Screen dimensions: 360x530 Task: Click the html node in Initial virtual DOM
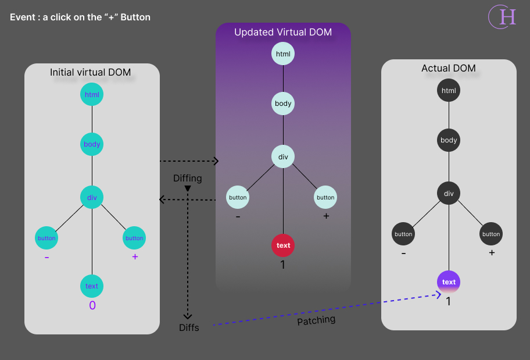[x=92, y=94]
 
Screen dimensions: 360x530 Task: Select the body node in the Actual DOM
[x=449, y=140]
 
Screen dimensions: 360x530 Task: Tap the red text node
[x=283, y=245]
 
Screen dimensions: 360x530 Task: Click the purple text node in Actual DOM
[x=449, y=282]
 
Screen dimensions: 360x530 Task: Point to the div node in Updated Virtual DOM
[x=283, y=156]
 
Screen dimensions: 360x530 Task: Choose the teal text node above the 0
[x=92, y=286]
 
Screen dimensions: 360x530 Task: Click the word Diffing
[x=188, y=178]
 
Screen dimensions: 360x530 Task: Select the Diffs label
[x=189, y=327]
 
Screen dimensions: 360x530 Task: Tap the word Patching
[x=316, y=320]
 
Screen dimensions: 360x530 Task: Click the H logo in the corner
[x=503, y=17]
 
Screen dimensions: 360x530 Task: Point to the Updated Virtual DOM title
[x=283, y=33]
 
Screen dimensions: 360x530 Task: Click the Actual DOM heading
[x=449, y=69]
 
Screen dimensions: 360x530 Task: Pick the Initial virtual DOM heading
[x=91, y=73]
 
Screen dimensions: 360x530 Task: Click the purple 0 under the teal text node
[x=92, y=305]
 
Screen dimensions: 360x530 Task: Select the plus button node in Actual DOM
[x=491, y=234]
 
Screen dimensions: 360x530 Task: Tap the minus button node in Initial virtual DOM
[x=46, y=238]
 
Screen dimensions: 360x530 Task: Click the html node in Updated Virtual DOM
[x=283, y=54]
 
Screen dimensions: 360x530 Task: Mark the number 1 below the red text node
[x=283, y=265]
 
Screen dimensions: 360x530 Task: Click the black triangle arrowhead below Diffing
[x=188, y=189]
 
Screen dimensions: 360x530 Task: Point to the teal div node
[x=92, y=197]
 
